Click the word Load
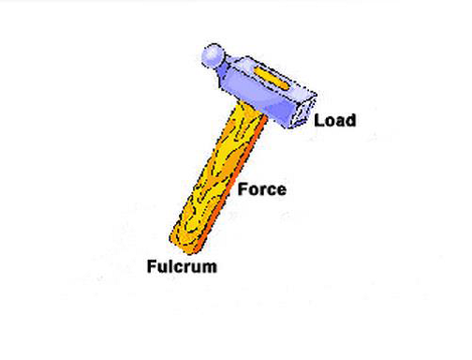[334, 120]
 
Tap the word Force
[262, 189]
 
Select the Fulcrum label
[182, 266]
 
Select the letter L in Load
[318, 120]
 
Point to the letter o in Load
[329, 121]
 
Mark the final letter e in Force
[281, 190]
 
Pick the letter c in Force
[272, 190]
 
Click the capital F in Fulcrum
[151, 266]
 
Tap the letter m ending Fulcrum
[209, 267]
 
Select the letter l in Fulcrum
[171, 266]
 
